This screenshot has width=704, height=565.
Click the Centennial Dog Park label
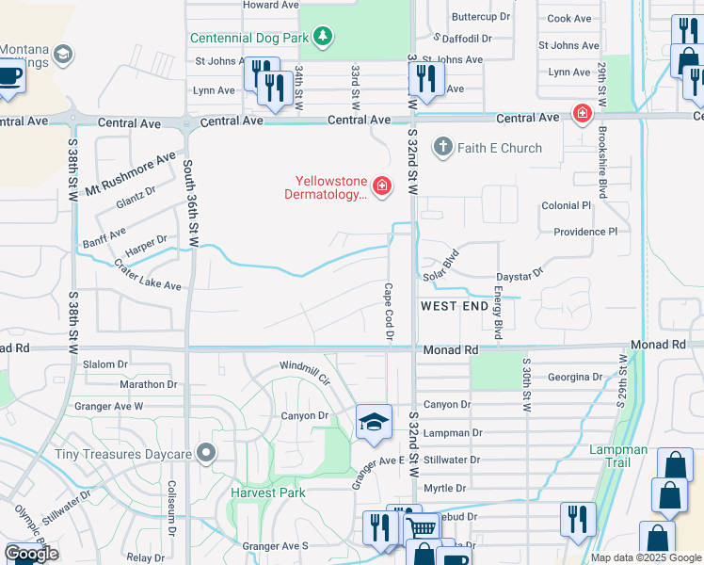point(249,39)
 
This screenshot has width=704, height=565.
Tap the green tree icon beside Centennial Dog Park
point(324,37)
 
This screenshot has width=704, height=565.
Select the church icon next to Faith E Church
point(443,147)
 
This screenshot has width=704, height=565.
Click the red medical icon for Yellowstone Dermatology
point(382,186)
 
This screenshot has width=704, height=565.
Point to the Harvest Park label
point(268,492)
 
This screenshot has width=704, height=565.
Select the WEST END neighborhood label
point(455,307)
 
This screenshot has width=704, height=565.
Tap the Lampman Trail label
point(618,457)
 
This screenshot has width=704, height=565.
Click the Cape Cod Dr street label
point(388,312)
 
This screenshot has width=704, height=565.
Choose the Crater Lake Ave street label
point(147,275)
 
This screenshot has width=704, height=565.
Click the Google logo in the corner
point(31,554)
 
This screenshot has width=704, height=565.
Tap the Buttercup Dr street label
point(480,17)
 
